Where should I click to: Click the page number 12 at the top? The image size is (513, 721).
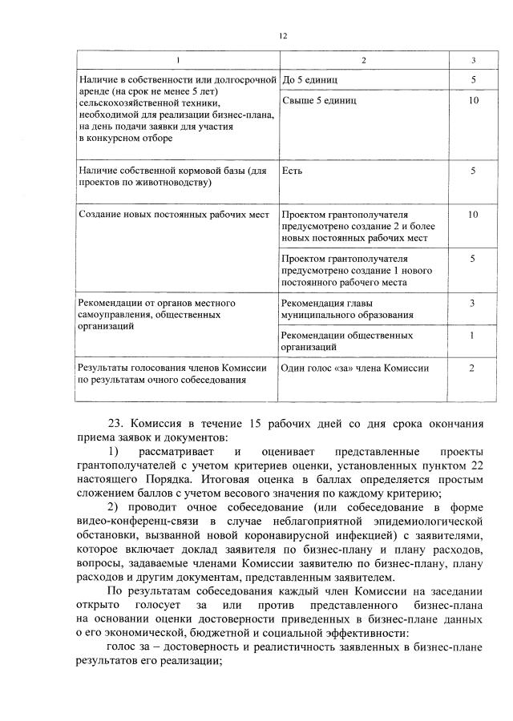283,36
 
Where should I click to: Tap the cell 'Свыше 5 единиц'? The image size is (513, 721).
320,101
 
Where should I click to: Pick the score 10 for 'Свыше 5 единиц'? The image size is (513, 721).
473,101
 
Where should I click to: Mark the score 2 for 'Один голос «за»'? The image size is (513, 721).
473,368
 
